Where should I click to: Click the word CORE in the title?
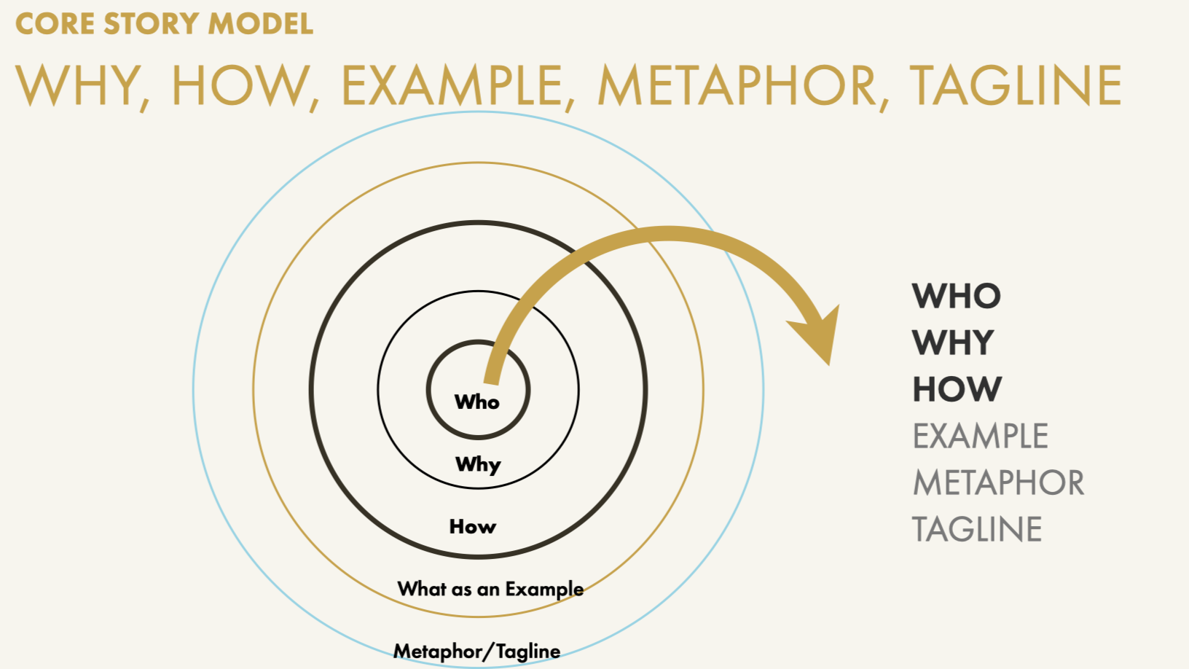[55, 23]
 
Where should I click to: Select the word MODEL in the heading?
[260, 23]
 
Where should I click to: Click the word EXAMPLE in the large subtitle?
[452, 86]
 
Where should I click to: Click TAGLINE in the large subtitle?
[1016, 86]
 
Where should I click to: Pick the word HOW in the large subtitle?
[241, 86]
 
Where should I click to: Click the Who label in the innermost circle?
[477, 402]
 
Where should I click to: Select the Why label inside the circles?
[478, 464]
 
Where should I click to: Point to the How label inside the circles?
[473, 526]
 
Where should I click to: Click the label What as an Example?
[490, 589]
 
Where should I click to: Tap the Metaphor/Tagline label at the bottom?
[477, 651]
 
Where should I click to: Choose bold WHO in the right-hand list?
[957, 296]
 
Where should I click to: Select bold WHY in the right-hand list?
[953, 343]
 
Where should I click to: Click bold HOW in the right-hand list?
[957, 389]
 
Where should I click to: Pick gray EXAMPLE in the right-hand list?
[980, 436]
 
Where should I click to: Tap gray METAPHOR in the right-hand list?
[998, 482]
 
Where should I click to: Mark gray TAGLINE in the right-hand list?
[977, 529]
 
